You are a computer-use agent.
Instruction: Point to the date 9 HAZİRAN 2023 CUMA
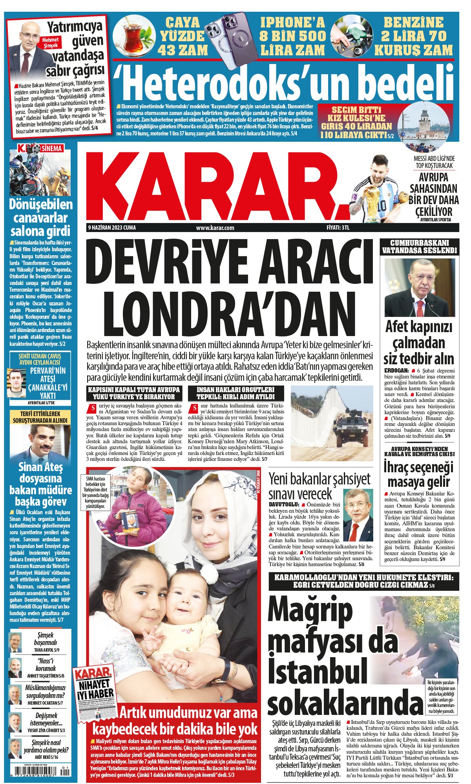coord(112,228)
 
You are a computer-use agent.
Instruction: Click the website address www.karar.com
coord(215,228)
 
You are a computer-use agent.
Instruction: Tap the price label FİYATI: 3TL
coord(338,228)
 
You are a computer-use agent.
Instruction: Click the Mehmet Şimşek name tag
coord(50,42)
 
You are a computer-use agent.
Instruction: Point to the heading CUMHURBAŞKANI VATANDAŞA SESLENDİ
coord(420,247)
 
